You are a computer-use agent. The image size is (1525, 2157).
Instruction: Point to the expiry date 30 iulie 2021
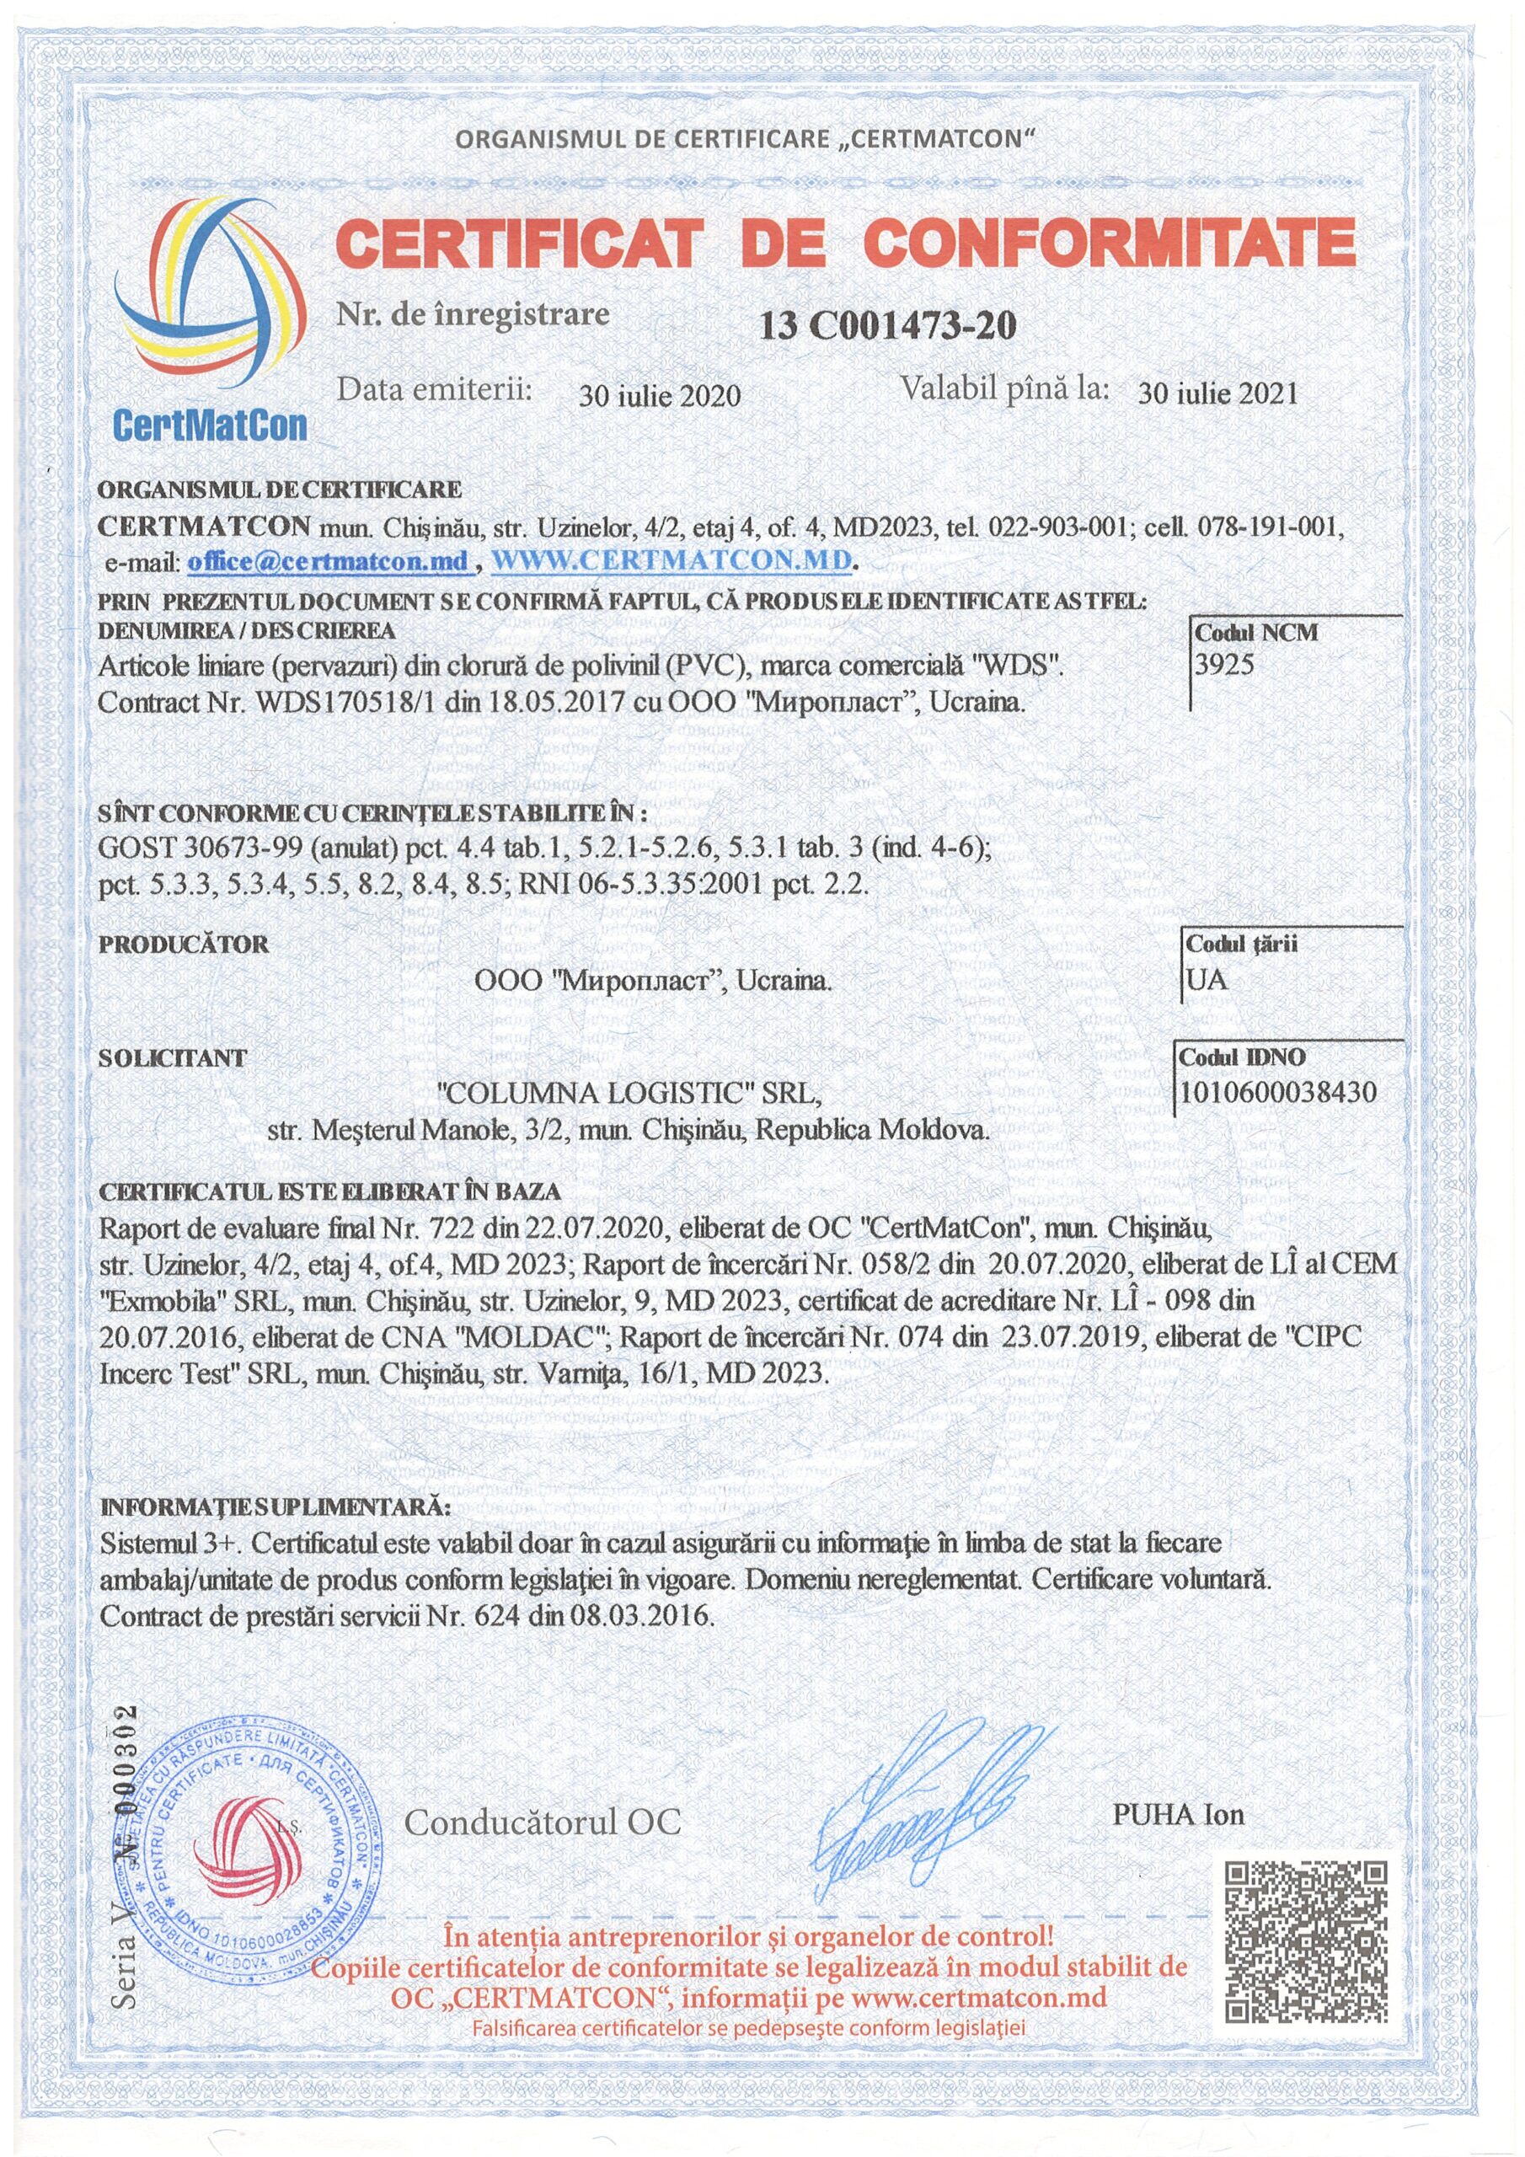1217,393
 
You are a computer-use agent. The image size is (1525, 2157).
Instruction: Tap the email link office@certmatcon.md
328,561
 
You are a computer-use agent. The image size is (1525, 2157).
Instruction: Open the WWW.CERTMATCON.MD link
672,560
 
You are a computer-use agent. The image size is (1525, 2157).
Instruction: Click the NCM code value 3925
1224,665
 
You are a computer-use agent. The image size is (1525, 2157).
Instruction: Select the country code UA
1207,980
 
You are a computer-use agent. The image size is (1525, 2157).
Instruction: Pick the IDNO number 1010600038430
1278,1092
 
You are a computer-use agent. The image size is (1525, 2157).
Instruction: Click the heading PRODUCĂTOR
185,945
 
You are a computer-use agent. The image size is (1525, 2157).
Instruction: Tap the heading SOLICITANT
172,1057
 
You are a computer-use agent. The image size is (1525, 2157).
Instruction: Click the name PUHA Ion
1177,1814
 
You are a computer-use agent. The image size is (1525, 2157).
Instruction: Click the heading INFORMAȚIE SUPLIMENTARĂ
275,1508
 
